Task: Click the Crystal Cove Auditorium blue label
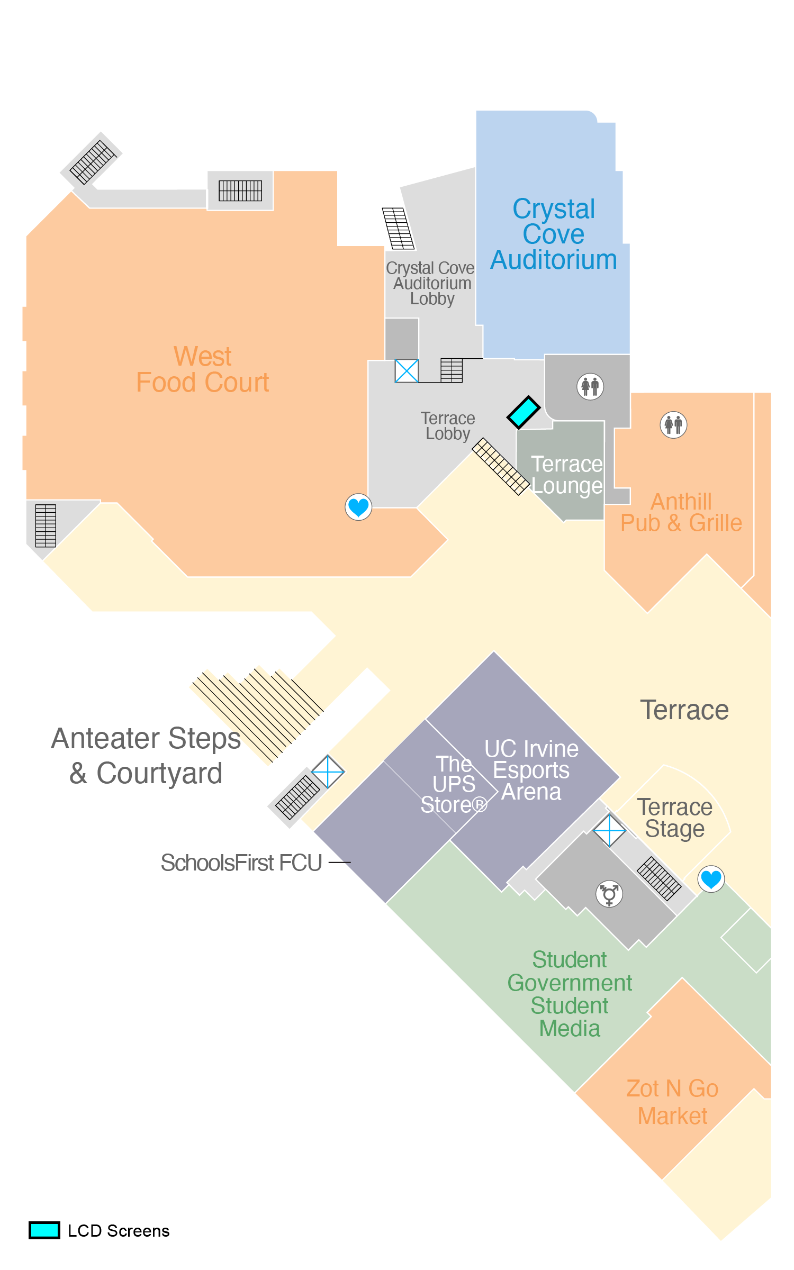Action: (x=554, y=234)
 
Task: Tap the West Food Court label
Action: (x=203, y=369)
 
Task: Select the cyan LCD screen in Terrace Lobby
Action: (x=524, y=412)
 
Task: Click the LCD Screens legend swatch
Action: (x=44, y=1230)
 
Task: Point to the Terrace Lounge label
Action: (x=566, y=475)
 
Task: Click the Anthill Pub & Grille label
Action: (x=681, y=512)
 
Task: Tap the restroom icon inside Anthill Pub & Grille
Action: (x=673, y=424)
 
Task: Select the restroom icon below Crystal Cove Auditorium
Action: (x=590, y=386)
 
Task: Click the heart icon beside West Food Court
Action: (x=358, y=507)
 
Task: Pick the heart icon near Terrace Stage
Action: (x=711, y=879)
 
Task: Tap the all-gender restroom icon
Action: (x=609, y=894)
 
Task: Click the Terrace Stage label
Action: (x=675, y=818)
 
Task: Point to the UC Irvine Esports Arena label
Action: (x=531, y=770)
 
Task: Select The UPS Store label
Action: (x=454, y=784)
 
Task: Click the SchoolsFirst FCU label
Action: (x=241, y=863)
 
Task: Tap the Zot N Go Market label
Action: (x=672, y=1102)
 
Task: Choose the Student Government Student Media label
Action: (x=570, y=994)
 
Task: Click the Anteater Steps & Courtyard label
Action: (x=146, y=756)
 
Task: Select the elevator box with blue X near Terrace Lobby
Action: (x=407, y=371)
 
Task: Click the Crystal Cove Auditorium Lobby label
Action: (x=431, y=283)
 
